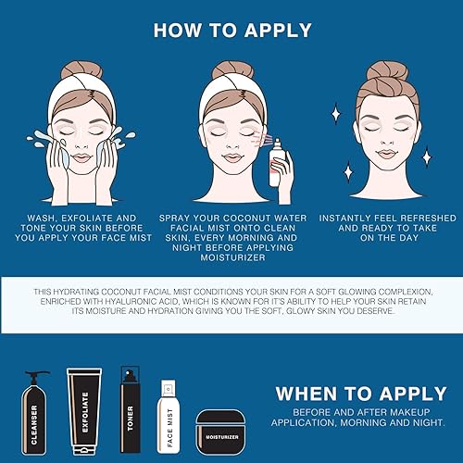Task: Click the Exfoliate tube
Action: click(84, 408)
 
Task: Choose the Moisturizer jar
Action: click(221, 432)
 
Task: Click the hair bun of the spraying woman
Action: click(232, 71)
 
